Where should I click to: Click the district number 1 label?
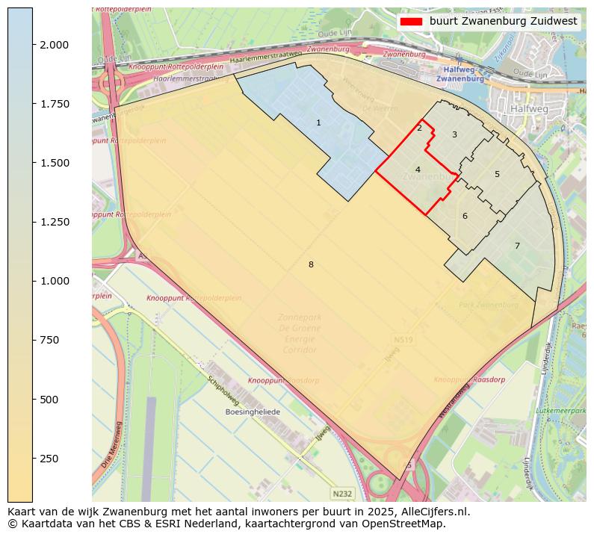[318, 123]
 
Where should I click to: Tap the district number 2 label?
[419, 128]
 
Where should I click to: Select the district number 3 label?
[454, 135]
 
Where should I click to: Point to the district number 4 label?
[418, 170]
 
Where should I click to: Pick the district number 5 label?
[497, 175]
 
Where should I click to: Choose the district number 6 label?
[465, 217]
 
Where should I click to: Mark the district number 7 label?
[516, 246]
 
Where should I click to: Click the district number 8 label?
[311, 264]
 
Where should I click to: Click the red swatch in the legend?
[411, 22]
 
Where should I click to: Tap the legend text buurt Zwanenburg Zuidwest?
[503, 22]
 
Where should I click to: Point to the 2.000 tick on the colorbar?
[54, 45]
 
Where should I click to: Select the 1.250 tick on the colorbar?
[54, 222]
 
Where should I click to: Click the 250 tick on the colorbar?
[51, 459]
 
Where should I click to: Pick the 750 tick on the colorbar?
[51, 340]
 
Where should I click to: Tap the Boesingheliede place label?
[253, 412]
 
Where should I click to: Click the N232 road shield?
[342, 494]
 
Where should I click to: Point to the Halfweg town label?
[530, 109]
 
